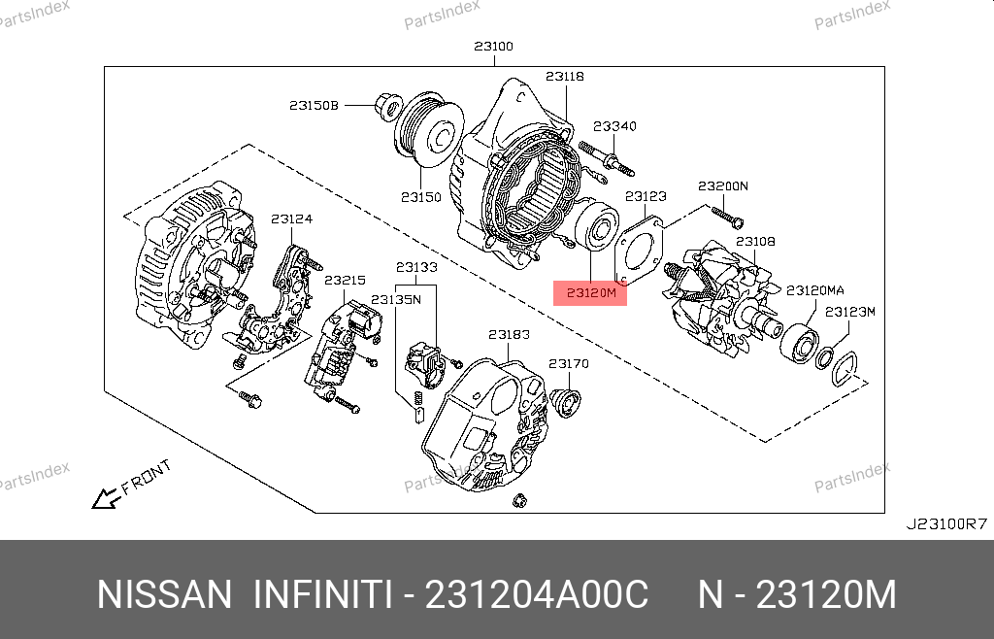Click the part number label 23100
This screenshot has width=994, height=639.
click(494, 47)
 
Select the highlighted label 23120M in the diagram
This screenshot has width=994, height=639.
click(591, 293)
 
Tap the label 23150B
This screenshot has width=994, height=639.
click(314, 105)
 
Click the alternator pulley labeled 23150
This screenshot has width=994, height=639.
click(429, 130)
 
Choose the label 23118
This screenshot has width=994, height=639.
click(565, 76)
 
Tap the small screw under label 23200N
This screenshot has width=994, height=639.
click(728, 217)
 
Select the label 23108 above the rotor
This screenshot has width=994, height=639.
click(755, 242)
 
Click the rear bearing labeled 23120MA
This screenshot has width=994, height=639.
click(800, 343)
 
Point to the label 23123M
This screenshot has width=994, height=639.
click(850, 312)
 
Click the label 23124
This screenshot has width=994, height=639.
click(291, 219)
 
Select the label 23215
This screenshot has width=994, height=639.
click(345, 281)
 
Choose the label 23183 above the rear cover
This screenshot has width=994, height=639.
click(509, 334)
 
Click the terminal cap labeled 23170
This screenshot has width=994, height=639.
click(565, 403)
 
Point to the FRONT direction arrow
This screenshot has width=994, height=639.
click(107, 498)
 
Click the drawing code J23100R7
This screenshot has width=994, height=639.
click(946, 524)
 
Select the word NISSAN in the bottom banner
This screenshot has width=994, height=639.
click(165, 594)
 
